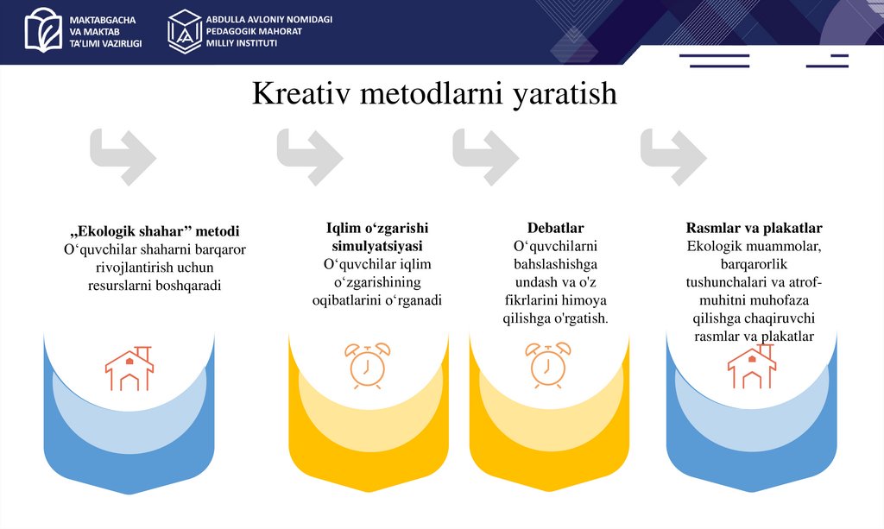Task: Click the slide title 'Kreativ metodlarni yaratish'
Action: pos(434,93)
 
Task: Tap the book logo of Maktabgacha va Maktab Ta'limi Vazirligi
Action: pos(43,30)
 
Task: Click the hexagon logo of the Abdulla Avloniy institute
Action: pos(184,31)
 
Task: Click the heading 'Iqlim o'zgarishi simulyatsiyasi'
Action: pos(376,236)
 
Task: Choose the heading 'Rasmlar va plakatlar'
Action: pos(754,228)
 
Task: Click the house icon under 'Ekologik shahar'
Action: pos(129,368)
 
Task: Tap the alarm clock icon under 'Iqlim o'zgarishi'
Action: pos(368,363)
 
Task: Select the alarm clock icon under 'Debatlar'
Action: pos(548,363)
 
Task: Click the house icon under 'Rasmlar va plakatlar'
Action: pos(751,368)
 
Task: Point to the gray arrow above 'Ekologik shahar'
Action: pos(123,156)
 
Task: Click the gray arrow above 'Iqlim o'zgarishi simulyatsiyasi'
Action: pos(309,156)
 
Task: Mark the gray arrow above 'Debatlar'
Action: pos(485,156)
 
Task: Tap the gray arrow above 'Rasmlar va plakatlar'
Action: pos(673,156)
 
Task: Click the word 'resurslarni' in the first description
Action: pos(120,286)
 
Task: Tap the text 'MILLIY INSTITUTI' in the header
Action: pos(241,43)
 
